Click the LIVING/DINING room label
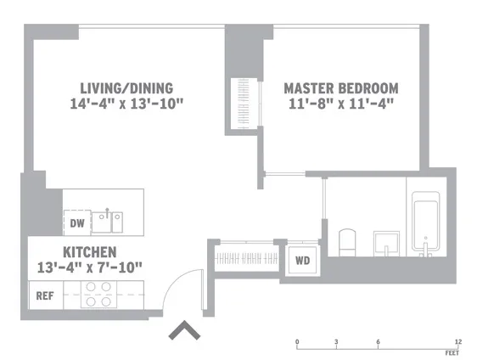click(126, 87)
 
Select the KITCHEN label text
click(89, 252)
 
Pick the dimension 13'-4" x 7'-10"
click(89, 267)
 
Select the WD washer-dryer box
click(301, 261)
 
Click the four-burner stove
click(98, 294)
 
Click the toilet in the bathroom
click(347, 241)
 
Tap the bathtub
click(425, 224)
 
